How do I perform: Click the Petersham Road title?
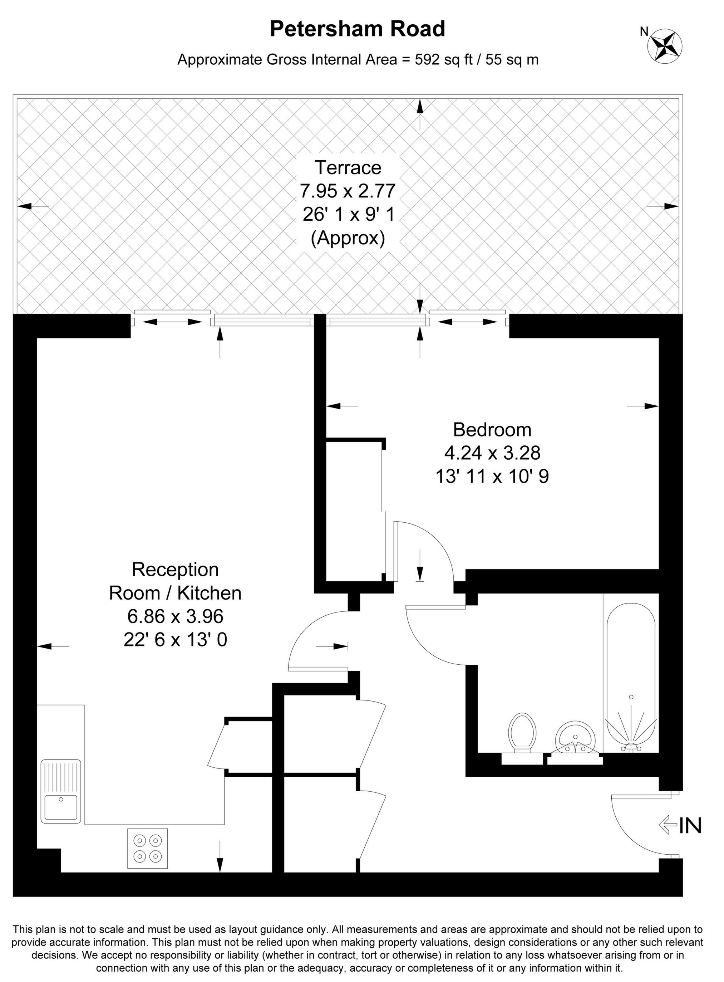[357, 29]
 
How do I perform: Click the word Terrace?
[348, 167]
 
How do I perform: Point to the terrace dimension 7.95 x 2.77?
[348, 191]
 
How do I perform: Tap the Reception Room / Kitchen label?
[175, 581]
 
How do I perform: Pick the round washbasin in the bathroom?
[575, 737]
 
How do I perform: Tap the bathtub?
[631, 675]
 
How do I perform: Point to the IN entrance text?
[690, 826]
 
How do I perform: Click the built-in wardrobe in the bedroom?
[354, 511]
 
